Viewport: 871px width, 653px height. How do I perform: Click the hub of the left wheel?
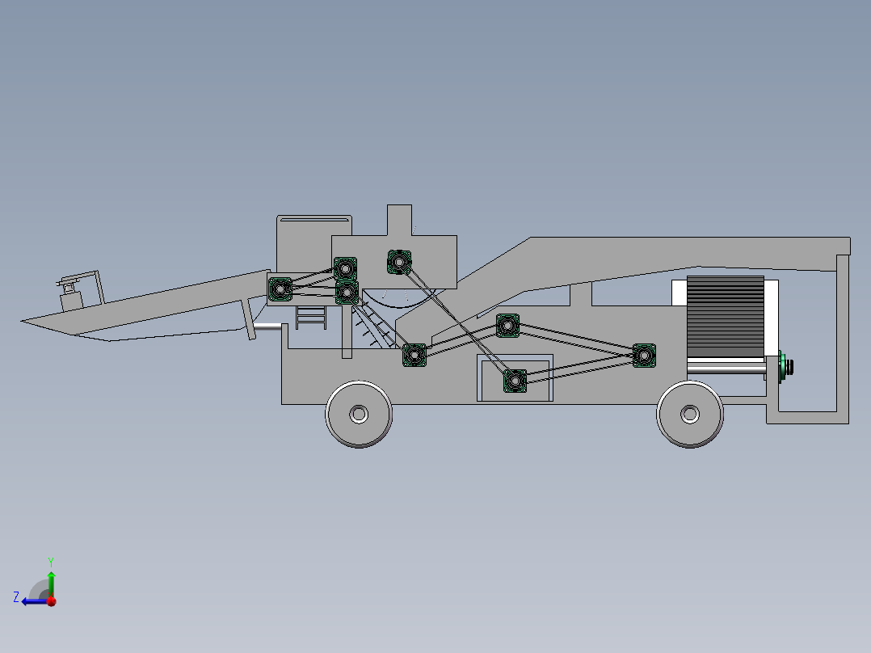click(x=359, y=414)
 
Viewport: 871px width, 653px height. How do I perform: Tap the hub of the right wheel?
click(x=689, y=415)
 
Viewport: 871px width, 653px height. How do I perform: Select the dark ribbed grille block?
click(x=725, y=317)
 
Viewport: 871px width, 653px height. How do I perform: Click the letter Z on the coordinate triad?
click(x=16, y=597)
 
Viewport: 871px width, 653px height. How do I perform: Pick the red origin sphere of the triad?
click(x=51, y=601)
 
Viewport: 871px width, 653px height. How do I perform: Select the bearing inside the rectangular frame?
click(x=515, y=380)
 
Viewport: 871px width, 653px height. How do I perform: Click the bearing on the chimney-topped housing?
click(x=399, y=262)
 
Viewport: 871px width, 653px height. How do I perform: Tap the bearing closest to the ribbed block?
click(x=644, y=355)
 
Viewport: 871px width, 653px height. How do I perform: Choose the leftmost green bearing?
click(x=280, y=289)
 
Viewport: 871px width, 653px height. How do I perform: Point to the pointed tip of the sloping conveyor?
click(x=23, y=322)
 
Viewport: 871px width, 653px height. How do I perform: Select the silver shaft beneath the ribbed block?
click(x=726, y=369)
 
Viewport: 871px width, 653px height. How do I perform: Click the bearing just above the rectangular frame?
click(x=507, y=326)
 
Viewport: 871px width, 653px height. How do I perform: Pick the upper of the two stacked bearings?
click(x=346, y=268)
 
